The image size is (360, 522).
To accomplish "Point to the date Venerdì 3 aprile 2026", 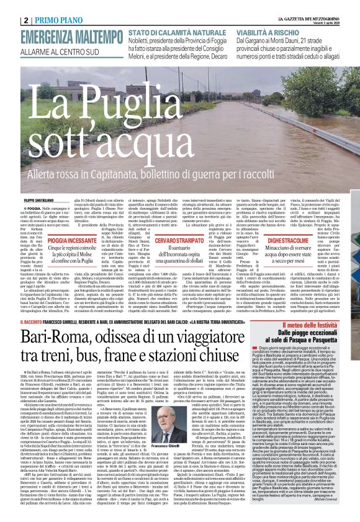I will point(338,8).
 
